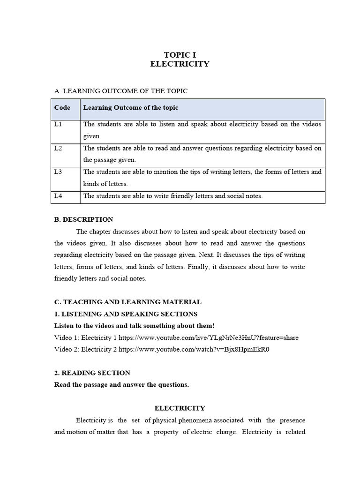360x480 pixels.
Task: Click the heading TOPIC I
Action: pyautogui.click(x=180, y=55)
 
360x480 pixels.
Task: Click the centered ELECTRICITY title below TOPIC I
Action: pyautogui.click(x=180, y=64)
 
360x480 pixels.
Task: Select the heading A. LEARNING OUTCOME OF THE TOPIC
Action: pyautogui.click(x=121, y=91)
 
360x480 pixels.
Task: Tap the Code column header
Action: pyautogui.click(x=62, y=108)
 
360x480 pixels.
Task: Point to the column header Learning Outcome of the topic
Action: pyautogui.click(x=131, y=108)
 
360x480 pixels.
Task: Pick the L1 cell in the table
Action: pyautogui.click(x=58, y=124)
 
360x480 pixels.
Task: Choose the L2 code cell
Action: pyautogui.click(x=58, y=148)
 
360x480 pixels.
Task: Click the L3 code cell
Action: pyautogui.click(x=58, y=172)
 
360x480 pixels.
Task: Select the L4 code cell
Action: pyautogui.click(x=58, y=196)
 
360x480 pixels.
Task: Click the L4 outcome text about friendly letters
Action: pyautogui.click(x=173, y=196)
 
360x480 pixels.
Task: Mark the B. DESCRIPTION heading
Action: pyautogui.click(x=84, y=219)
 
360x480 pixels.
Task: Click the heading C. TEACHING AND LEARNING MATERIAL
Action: pyautogui.click(x=128, y=302)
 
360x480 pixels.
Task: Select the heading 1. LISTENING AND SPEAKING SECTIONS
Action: pyautogui.click(x=126, y=314)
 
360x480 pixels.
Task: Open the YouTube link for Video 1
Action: pyautogui.click(x=209, y=337)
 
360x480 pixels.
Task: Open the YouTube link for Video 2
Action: pyautogui.click(x=195, y=349)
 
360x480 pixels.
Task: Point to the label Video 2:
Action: pyautogui.click(x=67, y=349)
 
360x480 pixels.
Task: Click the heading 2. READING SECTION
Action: pyautogui.click(x=92, y=373)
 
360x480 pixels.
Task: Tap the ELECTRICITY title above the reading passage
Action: pyautogui.click(x=180, y=408)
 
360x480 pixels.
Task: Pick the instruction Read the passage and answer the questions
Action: pyautogui.click(x=122, y=385)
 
